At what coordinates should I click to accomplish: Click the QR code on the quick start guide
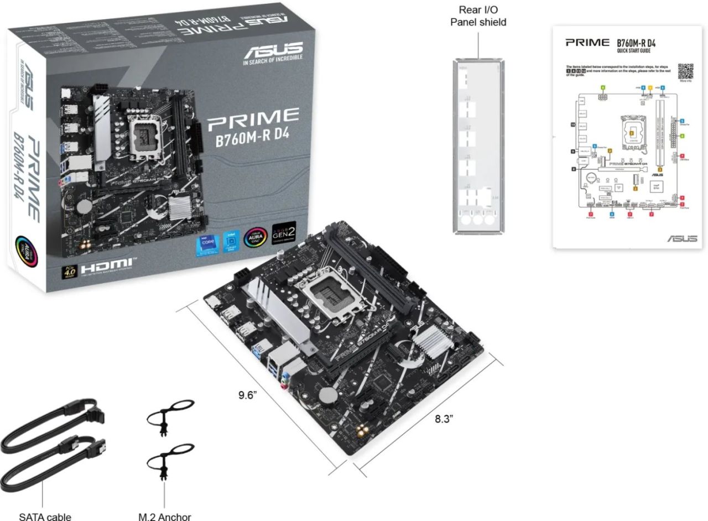pos(685,71)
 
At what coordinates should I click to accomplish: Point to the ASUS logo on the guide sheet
pos(681,238)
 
